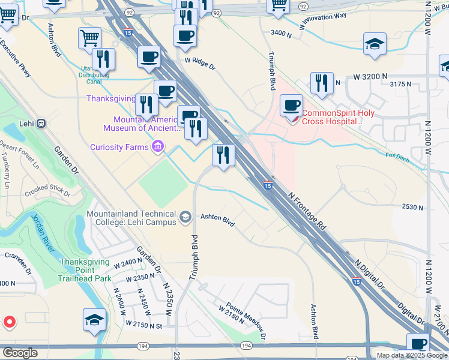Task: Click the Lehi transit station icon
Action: point(41,124)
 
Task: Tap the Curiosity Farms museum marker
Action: point(158,146)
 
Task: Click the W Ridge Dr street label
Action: point(199,62)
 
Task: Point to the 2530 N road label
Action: point(412,207)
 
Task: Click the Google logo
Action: point(20,353)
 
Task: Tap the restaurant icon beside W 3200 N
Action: point(322,83)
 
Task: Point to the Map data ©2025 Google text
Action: point(411,355)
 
